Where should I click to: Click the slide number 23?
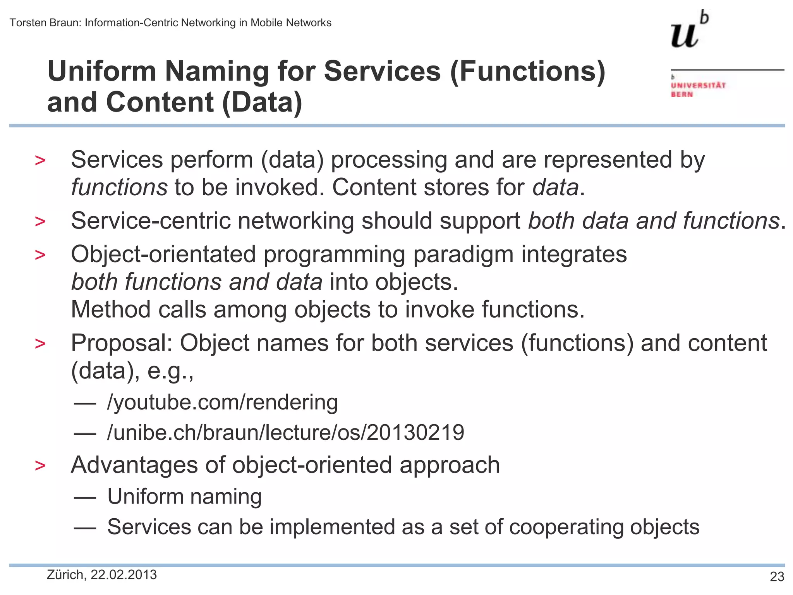point(777,577)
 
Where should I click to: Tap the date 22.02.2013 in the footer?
point(124,575)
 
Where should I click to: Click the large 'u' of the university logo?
point(684,36)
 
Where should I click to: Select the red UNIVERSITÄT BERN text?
point(698,89)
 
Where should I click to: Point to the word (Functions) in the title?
point(527,72)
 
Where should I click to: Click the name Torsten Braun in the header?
point(45,23)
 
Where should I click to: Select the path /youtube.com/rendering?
point(222,402)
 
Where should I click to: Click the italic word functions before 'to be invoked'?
point(119,187)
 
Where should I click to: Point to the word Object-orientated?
point(163,255)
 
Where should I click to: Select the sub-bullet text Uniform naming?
point(184,497)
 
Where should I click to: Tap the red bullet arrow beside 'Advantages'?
point(40,466)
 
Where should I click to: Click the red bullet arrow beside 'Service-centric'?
point(40,222)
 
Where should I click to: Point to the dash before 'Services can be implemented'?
point(85,528)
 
